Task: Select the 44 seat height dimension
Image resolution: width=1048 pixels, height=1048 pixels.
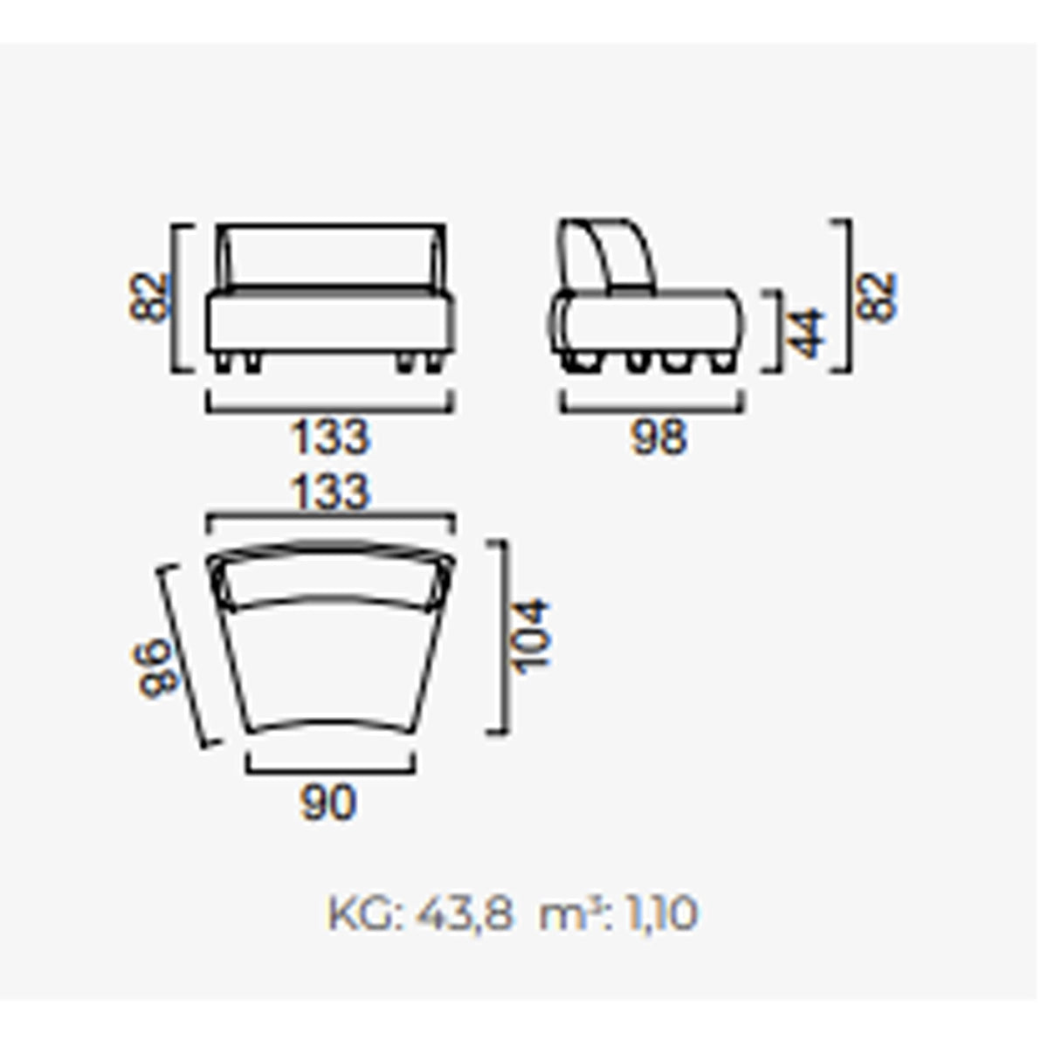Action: (807, 334)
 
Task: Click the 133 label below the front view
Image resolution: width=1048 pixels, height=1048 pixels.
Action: (331, 437)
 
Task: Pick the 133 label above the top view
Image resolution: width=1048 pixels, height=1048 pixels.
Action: (331, 493)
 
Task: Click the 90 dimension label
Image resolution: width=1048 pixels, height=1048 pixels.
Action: (328, 803)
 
